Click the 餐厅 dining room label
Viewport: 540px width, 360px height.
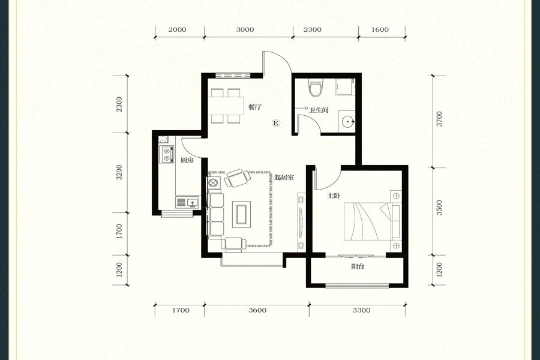pos(255,107)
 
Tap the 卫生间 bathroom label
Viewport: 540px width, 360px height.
pos(319,110)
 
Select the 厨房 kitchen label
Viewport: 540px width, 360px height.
pos(187,160)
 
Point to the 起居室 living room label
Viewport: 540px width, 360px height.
pos(284,178)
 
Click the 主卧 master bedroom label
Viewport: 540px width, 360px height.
pos(334,196)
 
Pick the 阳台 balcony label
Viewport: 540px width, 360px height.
pos(358,266)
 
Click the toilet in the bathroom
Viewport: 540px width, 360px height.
pos(316,88)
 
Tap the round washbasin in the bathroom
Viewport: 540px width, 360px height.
pos(347,122)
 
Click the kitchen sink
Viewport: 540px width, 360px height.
pos(187,202)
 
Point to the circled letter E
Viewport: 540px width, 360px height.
pos(276,122)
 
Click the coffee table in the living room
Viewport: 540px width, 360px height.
pos(241,215)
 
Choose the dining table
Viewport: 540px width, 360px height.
pos(225,106)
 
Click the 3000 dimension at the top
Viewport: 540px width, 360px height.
pos(245,29)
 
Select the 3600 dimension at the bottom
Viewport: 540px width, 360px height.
pos(257,310)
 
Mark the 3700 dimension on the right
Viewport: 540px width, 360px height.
pos(439,119)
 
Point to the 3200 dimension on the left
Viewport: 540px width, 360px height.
pos(119,172)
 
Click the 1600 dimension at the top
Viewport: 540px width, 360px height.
pos(380,29)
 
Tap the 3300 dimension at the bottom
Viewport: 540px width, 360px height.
pos(361,310)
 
